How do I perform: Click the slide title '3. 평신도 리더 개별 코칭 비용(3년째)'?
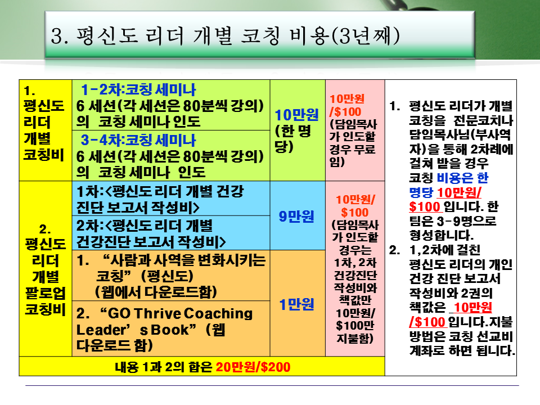[x=225, y=36]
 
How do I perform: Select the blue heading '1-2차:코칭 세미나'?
[x=138, y=90]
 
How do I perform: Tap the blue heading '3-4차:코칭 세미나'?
[x=138, y=140]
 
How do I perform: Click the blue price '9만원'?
[x=296, y=216]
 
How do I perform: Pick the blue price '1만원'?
[x=296, y=304]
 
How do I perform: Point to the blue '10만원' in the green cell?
[x=296, y=115]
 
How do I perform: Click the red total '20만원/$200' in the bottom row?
[x=253, y=367]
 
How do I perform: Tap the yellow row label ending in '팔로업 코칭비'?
[x=45, y=269]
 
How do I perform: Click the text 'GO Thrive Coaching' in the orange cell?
[x=176, y=313]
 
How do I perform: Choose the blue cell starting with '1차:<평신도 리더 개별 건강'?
[x=171, y=199]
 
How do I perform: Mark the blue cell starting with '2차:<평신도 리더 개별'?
[x=171, y=233]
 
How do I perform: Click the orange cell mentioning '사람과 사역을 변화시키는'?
[x=171, y=276]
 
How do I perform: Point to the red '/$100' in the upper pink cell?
[x=345, y=111]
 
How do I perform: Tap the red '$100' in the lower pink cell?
[x=355, y=212]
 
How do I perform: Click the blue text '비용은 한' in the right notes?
[x=462, y=178]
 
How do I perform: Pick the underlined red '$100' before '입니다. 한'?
[x=425, y=206]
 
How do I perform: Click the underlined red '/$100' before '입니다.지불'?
[x=427, y=322]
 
